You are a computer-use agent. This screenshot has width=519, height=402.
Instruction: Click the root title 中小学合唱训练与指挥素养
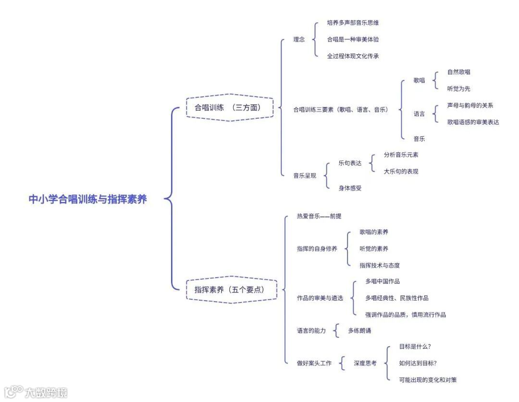(x=87, y=199)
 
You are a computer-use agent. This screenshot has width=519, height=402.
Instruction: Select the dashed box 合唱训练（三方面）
(x=229, y=108)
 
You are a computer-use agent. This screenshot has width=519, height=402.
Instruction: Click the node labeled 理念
(x=299, y=39)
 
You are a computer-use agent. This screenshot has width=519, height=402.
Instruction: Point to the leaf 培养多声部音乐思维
(x=353, y=23)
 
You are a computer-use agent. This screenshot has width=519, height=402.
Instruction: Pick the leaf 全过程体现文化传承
(x=353, y=56)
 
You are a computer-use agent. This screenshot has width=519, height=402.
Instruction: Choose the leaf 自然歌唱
(x=458, y=72)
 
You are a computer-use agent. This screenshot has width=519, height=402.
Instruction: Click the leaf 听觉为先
(x=458, y=89)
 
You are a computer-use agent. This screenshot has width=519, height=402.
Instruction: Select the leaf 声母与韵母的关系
(x=470, y=106)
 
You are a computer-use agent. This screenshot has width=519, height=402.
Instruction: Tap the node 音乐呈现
(x=305, y=176)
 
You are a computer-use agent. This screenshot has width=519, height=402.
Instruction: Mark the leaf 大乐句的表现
(x=401, y=171)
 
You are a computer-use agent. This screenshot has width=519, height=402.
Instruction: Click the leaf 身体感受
(x=350, y=188)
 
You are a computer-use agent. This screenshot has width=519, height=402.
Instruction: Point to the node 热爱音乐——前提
(x=319, y=217)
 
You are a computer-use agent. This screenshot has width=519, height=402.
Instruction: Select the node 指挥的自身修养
(x=317, y=249)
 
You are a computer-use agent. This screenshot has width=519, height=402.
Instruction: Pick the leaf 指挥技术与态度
(x=380, y=265)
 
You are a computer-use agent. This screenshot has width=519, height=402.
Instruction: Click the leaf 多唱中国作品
(x=382, y=281)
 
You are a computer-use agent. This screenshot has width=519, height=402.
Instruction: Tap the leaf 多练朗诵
(x=359, y=330)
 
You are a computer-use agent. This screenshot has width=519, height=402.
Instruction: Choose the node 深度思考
(x=365, y=364)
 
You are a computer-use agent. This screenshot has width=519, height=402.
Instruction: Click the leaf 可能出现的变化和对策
(x=428, y=380)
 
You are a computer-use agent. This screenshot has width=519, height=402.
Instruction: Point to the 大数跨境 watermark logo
(x=36, y=392)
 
